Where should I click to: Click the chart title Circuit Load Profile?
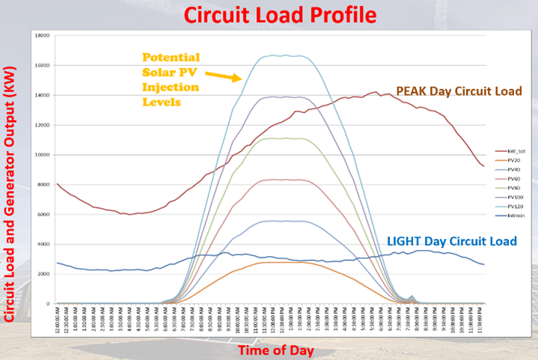[x=270, y=13]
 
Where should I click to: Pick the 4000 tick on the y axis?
[x=43, y=245]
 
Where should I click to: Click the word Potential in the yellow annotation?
[x=171, y=57]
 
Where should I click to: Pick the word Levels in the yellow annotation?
[x=162, y=102]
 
